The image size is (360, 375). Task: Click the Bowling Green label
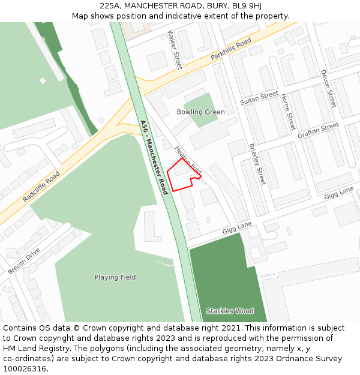(200, 112)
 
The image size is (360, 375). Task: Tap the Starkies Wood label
(230, 311)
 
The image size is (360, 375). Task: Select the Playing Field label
(115, 277)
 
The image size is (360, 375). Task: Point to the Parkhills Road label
(231, 51)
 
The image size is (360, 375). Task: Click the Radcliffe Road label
(41, 186)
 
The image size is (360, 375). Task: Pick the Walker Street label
(175, 50)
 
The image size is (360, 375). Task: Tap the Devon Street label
(329, 88)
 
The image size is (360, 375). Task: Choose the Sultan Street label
(259, 98)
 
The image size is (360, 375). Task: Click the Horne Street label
(288, 112)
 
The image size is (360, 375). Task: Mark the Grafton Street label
(318, 130)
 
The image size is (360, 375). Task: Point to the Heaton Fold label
(188, 160)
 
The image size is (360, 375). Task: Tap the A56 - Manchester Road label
(154, 157)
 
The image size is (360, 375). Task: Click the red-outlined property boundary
(180, 176)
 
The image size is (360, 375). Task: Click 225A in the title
(112, 6)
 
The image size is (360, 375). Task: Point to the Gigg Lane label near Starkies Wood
(237, 226)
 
